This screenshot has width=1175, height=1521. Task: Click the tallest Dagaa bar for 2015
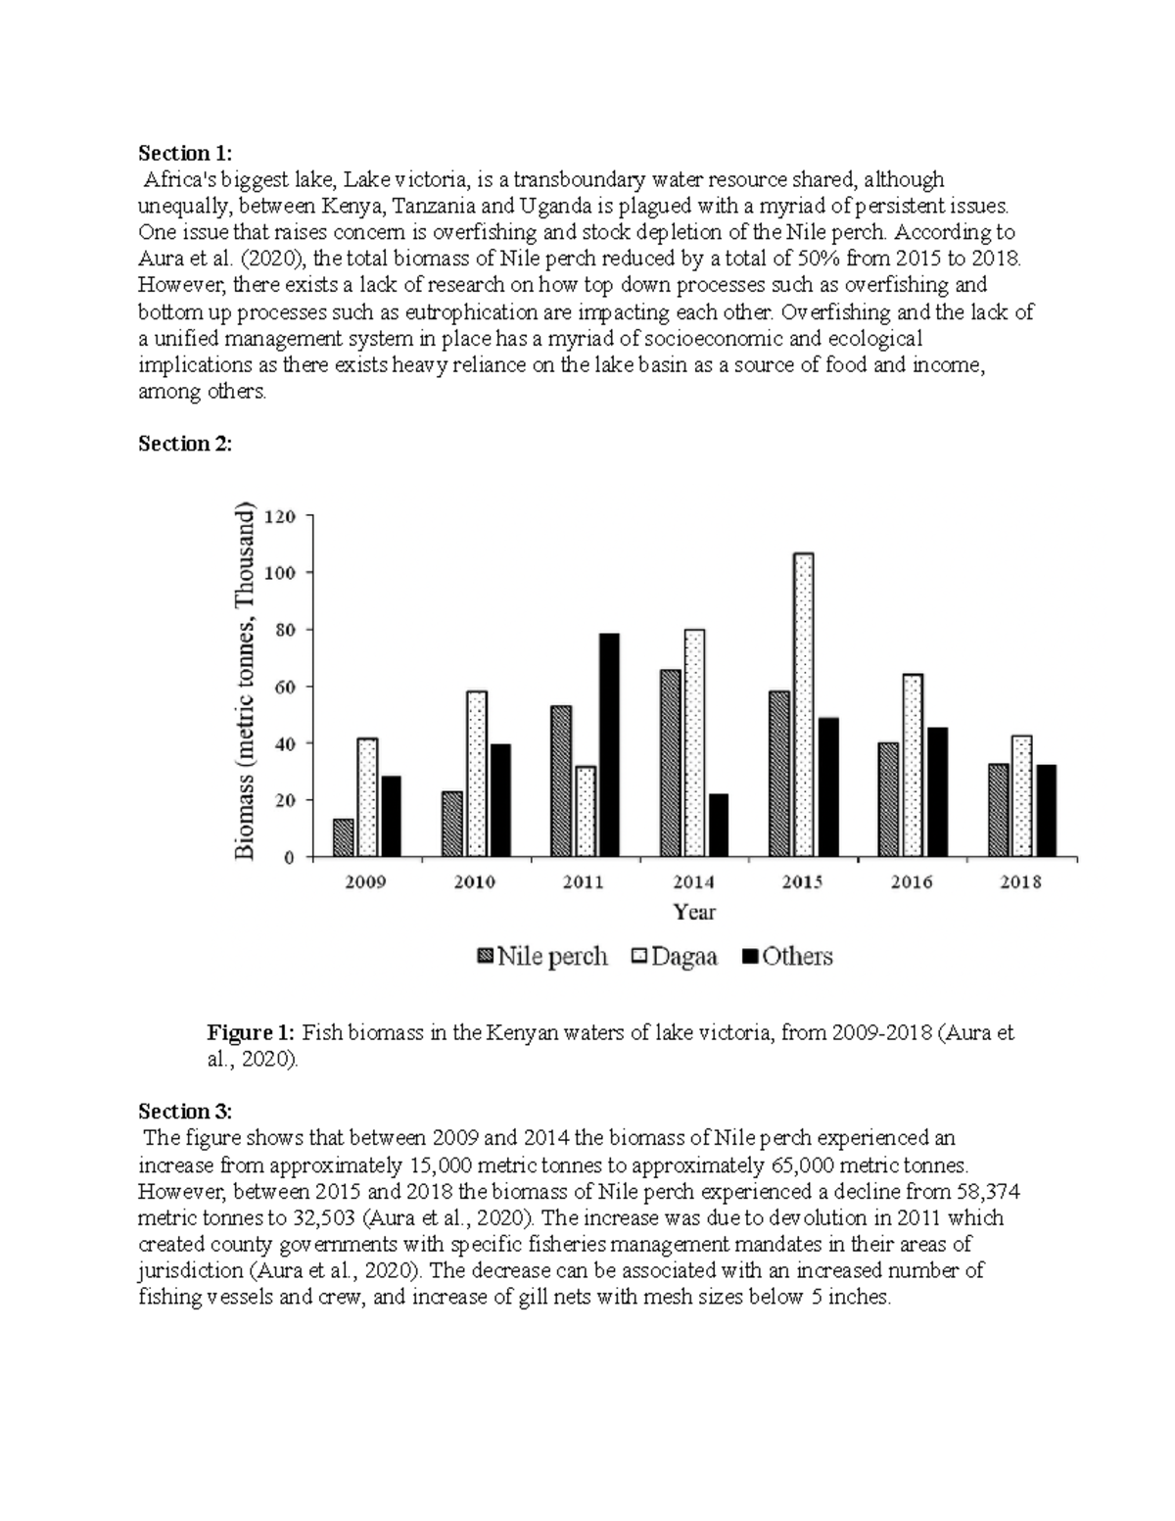803,705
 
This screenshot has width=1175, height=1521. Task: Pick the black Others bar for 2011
609,744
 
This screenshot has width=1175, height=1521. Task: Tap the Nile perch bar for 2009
344,837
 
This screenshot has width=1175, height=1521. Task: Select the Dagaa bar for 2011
586,811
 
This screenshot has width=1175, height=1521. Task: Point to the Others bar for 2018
1045,810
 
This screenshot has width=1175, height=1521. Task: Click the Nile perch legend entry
541,957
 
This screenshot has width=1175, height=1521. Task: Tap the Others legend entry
786,957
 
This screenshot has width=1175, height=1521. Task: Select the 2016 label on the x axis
911,882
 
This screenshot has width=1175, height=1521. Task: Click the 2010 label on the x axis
474,882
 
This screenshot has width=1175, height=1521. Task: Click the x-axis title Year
694,913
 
